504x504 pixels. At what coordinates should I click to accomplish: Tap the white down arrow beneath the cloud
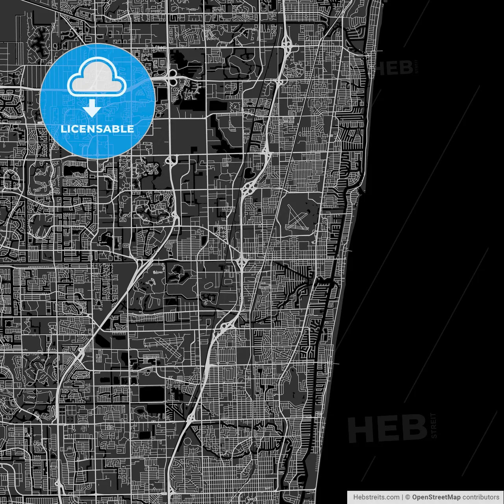(92, 108)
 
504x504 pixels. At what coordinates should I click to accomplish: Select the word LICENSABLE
(97, 129)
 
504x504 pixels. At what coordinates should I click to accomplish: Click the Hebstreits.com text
(376, 497)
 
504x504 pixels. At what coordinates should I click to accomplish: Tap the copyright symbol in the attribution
(408, 497)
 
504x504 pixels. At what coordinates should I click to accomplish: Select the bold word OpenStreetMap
(436, 497)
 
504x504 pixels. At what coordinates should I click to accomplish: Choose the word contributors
(481, 497)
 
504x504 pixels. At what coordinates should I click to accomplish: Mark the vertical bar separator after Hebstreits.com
(402, 497)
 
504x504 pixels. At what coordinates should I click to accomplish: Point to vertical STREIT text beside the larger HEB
(434, 426)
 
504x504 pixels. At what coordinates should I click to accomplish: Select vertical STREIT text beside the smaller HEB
(416, 67)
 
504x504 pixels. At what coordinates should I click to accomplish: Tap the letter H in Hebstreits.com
(356, 497)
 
